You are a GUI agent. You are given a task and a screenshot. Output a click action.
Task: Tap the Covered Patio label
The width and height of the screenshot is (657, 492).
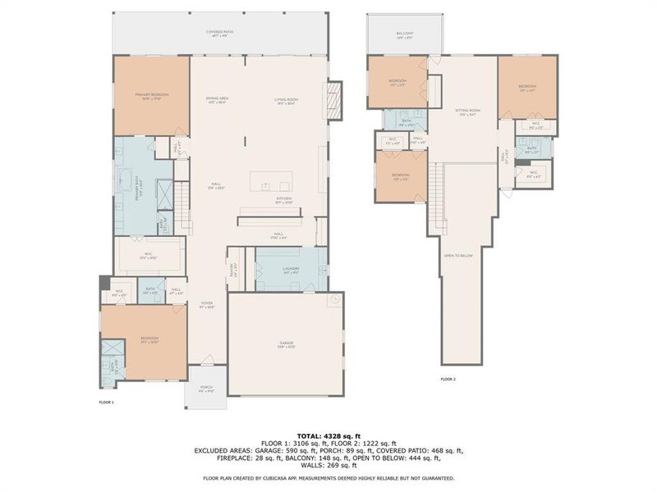(x=220, y=34)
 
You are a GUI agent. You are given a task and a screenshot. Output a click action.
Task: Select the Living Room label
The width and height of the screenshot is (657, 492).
(x=286, y=101)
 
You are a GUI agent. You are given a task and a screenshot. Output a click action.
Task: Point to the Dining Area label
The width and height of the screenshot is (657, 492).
(x=217, y=100)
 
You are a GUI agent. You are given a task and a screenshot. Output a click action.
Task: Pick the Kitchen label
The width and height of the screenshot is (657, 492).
(x=283, y=199)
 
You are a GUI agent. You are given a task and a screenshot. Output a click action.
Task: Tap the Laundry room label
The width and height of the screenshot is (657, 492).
(x=292, y=269)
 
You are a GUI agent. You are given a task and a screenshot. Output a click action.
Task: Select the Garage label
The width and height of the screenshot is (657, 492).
(x=286, y=344)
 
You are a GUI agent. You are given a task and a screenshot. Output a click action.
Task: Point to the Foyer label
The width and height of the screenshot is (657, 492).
(x=207, y=304)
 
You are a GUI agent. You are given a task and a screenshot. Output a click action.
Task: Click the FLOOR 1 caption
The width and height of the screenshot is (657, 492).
(x=107, y=402)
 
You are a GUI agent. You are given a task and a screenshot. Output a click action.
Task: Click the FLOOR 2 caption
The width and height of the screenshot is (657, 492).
(x=448, y=379)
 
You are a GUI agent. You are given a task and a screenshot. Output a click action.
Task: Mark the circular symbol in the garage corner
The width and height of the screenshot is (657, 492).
(x=333, y=301)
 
